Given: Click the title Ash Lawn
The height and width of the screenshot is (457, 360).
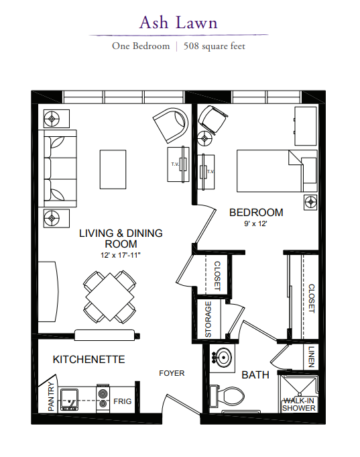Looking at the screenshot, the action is (x=178, y=22).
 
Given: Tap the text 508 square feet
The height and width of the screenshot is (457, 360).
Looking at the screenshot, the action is (x=214, y=46).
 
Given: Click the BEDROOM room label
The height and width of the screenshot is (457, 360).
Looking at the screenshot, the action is (x=256, y=213).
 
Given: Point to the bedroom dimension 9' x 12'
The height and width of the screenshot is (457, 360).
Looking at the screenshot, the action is (x=255, y=223).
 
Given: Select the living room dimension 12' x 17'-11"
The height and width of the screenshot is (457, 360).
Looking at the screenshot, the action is (x=121, y=255).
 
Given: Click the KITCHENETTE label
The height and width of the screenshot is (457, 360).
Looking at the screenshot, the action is (x=89, y=360).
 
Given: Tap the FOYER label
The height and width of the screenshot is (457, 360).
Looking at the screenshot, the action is (x=172, y=373).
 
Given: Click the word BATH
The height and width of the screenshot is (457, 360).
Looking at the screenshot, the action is (x=255, y=375).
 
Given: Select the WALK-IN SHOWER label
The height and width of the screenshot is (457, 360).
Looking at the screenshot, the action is (x=299, y=405).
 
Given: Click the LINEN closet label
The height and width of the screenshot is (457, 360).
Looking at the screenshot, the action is (x=311, y=357).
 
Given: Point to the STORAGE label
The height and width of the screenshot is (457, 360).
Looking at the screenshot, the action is (x=208, y=319).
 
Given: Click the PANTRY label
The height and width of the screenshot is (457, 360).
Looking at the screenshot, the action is (x=51, y=397).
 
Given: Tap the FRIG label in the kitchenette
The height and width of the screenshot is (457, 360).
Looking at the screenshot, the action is (x=122, y=401).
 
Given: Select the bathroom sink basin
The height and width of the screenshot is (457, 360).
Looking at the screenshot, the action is (x=223, y=357).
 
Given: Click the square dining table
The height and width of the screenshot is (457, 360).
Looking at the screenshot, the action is (x=110, y=297).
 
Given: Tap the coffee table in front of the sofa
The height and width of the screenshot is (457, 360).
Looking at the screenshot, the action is (x=113, y=169).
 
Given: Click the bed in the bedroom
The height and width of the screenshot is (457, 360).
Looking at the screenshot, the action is (x=277, y=171).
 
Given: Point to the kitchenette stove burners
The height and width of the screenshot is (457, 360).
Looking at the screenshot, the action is (x=103, y=399).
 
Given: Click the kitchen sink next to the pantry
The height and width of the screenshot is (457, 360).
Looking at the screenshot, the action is (x=69, y=399).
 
